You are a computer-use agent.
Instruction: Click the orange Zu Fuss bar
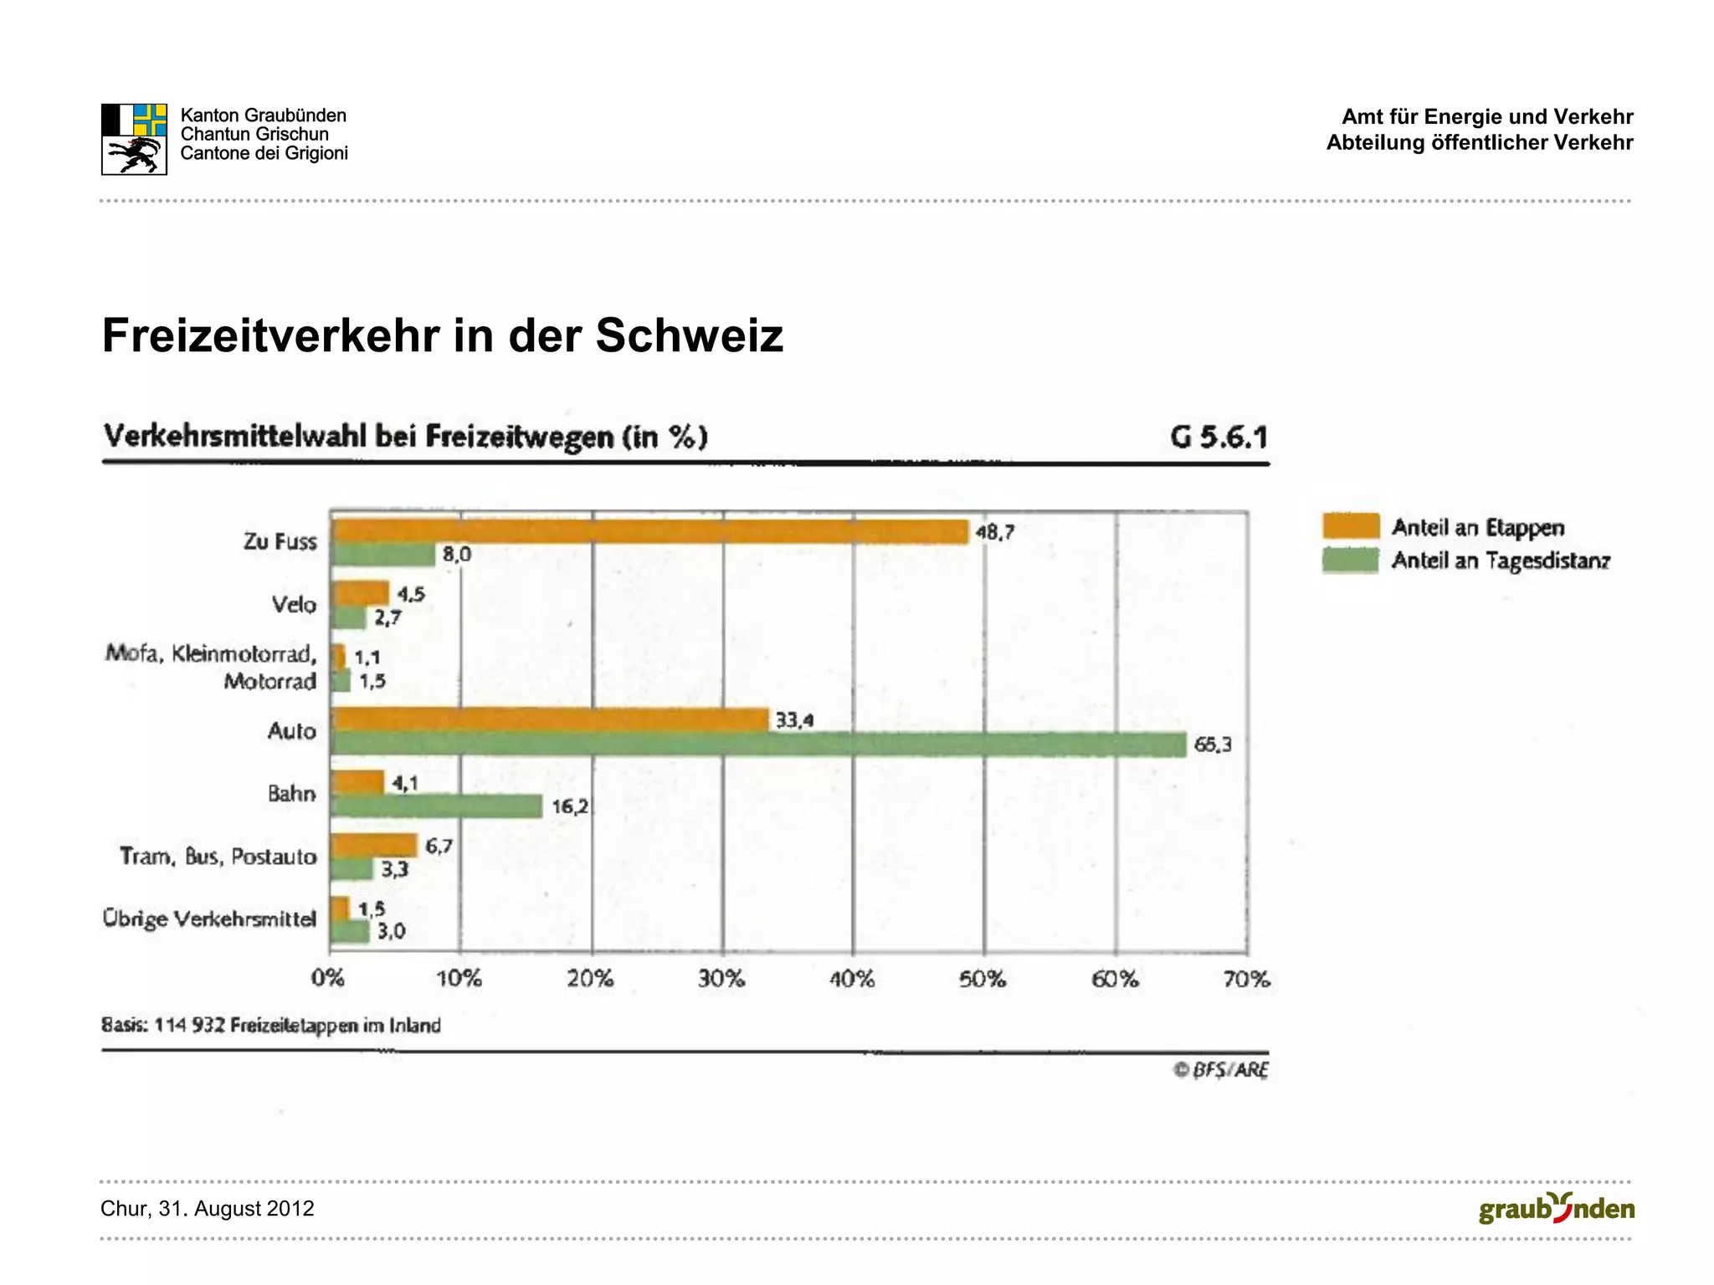(x=649, y=531)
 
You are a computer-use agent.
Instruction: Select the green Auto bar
(x=757, y=745)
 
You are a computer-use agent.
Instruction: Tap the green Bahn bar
(x=436, y=806)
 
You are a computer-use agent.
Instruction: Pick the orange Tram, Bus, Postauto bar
(x=374, y=845)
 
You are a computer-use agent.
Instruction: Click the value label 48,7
(x=994, y=532)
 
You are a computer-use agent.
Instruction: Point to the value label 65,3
(x=1212, y=745)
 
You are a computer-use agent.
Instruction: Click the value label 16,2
(x=570, y=807)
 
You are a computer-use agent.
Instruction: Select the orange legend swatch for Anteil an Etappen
(x=1350, y=526)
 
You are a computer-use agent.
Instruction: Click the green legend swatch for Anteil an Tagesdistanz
(x=1350, y=560)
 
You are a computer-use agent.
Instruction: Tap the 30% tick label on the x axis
(x=721, y=979)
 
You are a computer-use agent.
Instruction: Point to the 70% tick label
(x=1246, y=979)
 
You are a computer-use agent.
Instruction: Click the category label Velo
(x=294, y=604)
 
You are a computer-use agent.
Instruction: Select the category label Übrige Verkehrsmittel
(x=209, y=919)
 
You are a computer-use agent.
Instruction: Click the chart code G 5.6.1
(x=1219, y=437)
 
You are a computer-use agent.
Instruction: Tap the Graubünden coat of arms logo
(x=134, y=139)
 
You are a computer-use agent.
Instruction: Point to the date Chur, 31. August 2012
(x=208, y=1209)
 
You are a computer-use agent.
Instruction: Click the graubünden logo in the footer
(x=1556, y=1209)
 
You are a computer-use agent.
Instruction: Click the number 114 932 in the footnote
(x=190, y=1026)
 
